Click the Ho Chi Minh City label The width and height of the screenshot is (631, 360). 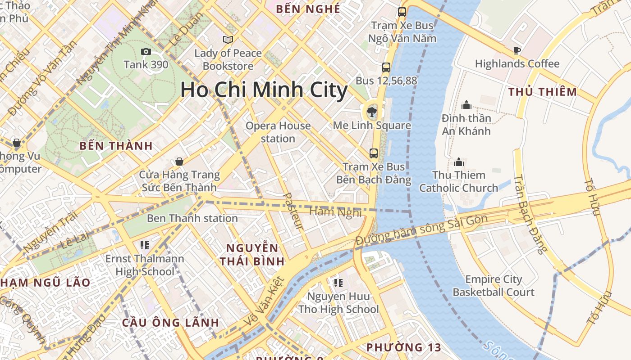pos(264,90)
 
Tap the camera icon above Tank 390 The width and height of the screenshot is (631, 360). pos(146,51)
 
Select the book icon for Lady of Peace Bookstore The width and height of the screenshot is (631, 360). pos(228,40)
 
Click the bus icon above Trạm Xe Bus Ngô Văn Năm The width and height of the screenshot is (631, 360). pos(402,12)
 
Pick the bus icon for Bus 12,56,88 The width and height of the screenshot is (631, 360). pos(386,67)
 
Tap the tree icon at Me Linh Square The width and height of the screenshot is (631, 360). pos(372,111)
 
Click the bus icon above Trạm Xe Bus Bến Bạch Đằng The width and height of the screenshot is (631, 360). pos(374,153)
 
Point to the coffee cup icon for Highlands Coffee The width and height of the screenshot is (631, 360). pos(517,50)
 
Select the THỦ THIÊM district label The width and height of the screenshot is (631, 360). pos(543,92)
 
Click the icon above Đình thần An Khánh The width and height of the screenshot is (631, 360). pos(466,105)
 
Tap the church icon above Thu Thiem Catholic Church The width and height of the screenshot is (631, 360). pos(459,162)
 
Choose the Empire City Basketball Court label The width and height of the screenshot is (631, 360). pos(494,286)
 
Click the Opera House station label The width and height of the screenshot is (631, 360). pos(278,132)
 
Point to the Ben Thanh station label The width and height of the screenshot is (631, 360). pos(192,218)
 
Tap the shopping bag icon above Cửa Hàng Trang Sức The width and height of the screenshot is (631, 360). pos(179,162)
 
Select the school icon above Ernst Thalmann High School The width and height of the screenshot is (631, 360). pos(145,245)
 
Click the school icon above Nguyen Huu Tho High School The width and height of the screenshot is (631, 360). pos(338,283)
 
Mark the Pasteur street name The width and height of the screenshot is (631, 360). pos(293,211)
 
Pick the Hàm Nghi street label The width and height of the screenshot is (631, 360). pos(336,211)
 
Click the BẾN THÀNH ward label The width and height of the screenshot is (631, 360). pos(116,146)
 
